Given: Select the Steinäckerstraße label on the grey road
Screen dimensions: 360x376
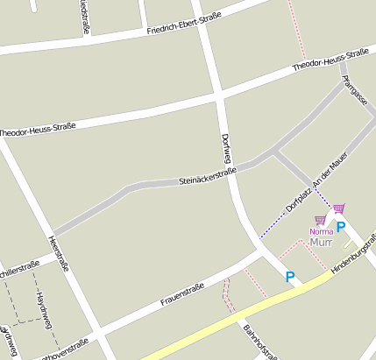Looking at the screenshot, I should (208, 175).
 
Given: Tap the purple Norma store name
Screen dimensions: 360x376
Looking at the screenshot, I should (322, 231).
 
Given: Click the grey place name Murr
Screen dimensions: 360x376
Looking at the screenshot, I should (321, 242).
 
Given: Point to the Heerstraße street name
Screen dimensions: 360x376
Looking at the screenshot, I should (59, 254).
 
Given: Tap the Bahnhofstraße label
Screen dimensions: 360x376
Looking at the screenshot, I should (260, 342).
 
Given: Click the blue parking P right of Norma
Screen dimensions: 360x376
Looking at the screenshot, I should (341, 226).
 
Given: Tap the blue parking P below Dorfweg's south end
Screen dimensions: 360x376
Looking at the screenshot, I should (290, 277).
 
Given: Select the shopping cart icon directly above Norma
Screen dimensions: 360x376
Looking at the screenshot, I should (320, 220).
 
